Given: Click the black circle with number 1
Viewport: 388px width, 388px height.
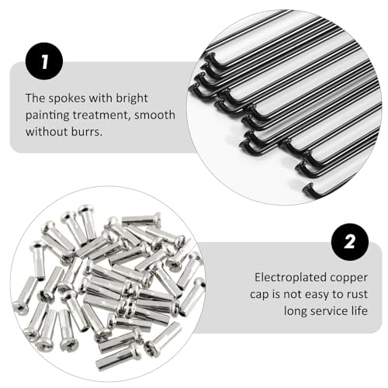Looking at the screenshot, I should pyautogui.click(x=43, y=59).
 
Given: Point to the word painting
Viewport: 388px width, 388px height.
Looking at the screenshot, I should pyautogui.click(x=47, y=115).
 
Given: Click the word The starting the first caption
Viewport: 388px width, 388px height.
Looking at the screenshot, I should pyautogui.click(x=35, y=99).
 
